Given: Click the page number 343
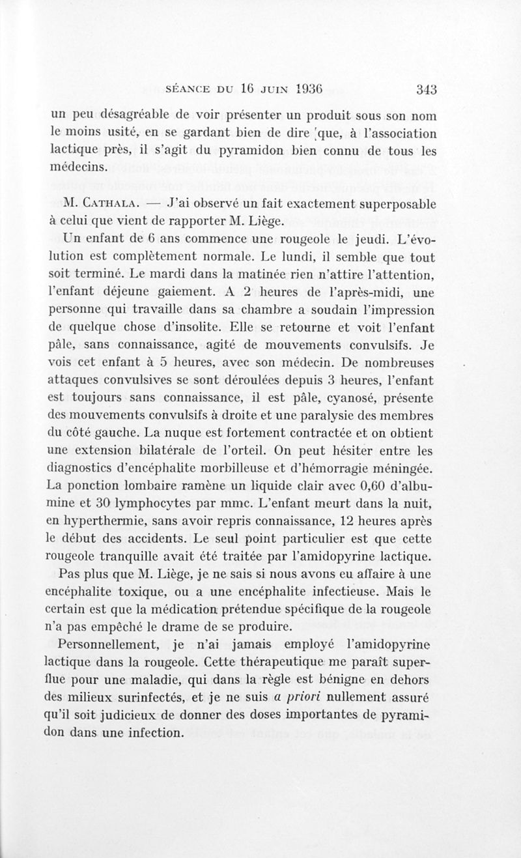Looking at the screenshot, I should tap(423, 90).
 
